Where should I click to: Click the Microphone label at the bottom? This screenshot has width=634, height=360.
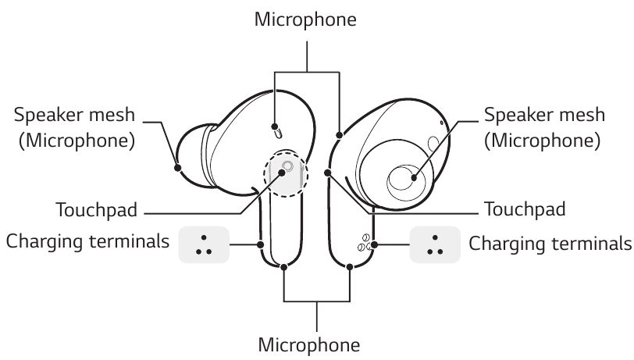[x=309, y=344]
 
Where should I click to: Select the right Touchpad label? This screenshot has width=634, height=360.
[x=524, y=210]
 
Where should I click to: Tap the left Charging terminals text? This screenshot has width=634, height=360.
[x=87, y=242]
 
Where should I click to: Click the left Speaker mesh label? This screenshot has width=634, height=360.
[x=75, y=114]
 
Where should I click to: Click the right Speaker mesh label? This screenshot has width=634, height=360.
[x=544, y=115]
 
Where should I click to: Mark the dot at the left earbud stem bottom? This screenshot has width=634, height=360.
[x=284, y=267]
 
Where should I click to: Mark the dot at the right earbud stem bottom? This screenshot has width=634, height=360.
[x=349, y=267]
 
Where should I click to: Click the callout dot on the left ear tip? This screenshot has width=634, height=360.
[x=179, y=165]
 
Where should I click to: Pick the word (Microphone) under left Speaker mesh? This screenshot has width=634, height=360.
[x=75, y=141]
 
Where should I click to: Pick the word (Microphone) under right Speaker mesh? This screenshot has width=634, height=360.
[x=543, y=141]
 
